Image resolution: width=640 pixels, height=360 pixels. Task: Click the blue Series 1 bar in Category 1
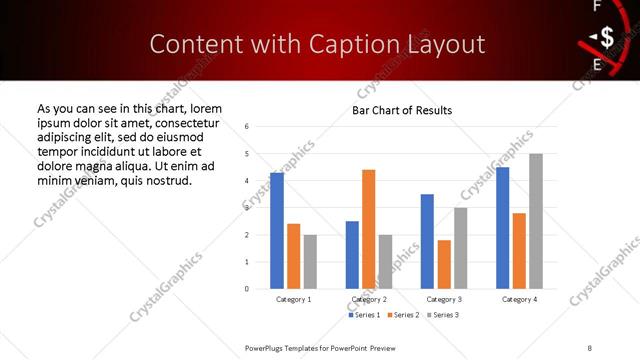pyautogui.click(x=277, y=230)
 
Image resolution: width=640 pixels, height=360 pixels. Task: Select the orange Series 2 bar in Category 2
pyautogui.click(x=368, y=229)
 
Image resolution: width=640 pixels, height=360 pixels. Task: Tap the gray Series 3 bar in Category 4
pyautogui.click(x=535, y=221)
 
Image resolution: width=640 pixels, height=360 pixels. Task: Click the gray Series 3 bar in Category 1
pyautogui.click(x=310, y=261)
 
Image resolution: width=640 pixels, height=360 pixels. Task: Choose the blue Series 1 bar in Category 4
pyautogui.click(x=502, y=228)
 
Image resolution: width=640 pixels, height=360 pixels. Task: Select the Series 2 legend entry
pyautogui.click(x=402, y=315)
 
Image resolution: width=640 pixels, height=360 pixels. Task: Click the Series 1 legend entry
pyautogui.click(x=363, y=315)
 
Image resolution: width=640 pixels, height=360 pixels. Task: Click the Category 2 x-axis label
pyautogui.click(x=368, y=299)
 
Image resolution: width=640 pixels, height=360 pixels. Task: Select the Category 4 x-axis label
pyautogui.click(x=518, y=299)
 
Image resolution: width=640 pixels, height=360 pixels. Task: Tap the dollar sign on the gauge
pyautogui.click(x=606, y=39)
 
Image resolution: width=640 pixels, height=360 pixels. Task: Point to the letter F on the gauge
pyautogui.click(x=597, y=6)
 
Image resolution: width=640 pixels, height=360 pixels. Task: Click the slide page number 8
pyautogui.click(x=589, y=347)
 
